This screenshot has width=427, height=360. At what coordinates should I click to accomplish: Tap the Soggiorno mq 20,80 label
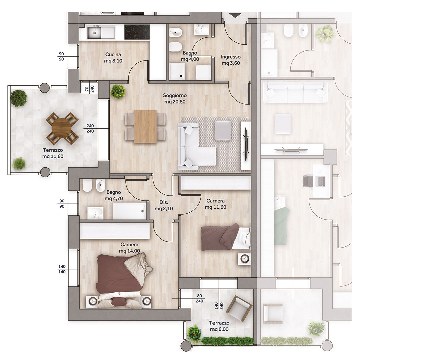click(x=175, y=98)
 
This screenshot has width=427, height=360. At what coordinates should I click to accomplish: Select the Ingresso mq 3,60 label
click(x=231, y=60)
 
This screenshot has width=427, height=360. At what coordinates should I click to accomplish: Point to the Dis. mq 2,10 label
click(x=164, y=205)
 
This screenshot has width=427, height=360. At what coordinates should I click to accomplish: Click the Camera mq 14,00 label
click(x=129, y=248)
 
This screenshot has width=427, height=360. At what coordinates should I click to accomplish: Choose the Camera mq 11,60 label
click(x=216, y=204)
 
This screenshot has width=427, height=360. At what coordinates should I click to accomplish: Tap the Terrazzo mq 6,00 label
click(x=219, y=326)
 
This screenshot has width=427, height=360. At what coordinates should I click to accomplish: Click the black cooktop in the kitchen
click(x=137, y=32)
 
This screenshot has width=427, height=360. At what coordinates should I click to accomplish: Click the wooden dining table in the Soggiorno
click(x=145, y=126)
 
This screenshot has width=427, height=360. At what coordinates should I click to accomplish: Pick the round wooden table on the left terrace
click(x=62, y=128)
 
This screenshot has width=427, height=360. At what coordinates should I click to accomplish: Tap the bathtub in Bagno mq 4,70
click(x=130, y=211)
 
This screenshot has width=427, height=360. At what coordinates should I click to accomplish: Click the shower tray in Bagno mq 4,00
click(x=177, y=71)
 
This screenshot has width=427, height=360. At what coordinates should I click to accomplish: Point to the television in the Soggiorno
click(x=246, y=145)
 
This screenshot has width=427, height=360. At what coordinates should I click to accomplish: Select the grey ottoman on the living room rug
click(x=223, y=130)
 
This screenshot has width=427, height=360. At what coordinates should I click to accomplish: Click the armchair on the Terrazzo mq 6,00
click(x=239, y=309)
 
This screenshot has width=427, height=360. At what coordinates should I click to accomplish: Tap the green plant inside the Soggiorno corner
click(x=118, y=92)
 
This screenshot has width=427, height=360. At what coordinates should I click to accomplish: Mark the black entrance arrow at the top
click(x=235, y=15)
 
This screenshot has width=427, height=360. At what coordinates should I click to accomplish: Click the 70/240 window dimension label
click(x=90, y=89)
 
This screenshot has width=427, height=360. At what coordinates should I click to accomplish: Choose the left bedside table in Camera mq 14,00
click(x=92, y=301)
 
